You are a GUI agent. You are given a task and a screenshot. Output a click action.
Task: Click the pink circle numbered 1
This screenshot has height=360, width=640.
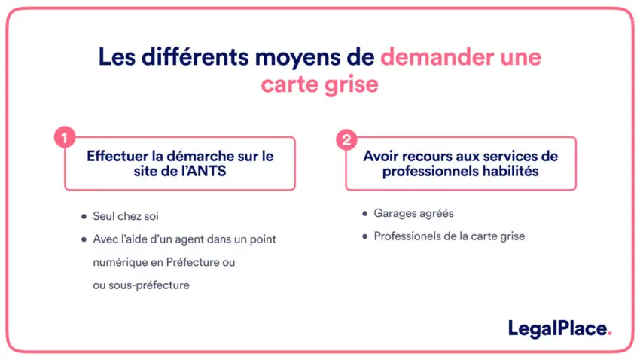pos(65,137)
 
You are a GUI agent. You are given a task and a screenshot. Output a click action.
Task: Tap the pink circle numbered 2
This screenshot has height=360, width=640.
pos(346,140)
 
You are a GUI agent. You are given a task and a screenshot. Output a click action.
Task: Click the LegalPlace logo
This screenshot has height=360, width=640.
pos(559,329)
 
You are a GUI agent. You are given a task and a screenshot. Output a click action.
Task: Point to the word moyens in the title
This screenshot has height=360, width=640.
pos(297,58)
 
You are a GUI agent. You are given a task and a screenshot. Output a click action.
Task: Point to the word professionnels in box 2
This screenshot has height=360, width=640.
pos(430,172)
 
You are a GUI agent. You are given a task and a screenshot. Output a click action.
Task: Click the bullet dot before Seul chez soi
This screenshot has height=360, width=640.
pos(84,216)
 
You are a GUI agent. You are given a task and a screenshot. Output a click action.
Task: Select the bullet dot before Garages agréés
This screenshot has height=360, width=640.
pos(365,213)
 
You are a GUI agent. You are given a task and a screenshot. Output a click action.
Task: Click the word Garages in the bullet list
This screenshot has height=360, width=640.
pos(394,213)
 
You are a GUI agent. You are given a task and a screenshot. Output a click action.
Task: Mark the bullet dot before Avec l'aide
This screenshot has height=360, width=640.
pos(84,239)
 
